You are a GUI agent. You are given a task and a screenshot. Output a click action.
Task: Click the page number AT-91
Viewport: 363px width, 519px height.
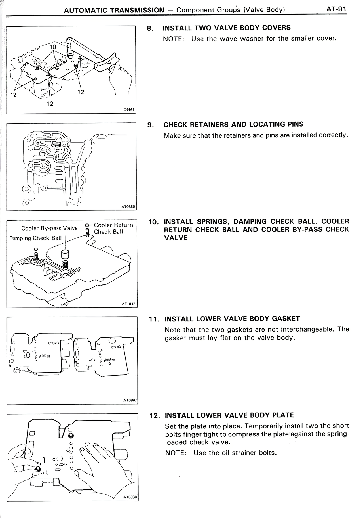[x=336, y=9]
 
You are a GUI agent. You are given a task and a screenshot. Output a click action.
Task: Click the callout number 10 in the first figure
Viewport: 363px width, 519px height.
[x=53, y=47]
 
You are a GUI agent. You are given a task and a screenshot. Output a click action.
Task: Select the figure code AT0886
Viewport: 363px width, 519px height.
[x=128, y=207]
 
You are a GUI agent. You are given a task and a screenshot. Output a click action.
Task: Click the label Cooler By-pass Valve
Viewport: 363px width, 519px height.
[x=49, y=228]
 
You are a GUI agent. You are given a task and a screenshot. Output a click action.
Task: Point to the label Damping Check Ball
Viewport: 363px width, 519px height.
[x=35, y=238]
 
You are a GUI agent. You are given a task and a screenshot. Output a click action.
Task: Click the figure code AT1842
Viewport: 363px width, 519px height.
[x=128, y=304]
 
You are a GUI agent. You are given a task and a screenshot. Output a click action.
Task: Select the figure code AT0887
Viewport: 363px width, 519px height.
[x=130, y=401]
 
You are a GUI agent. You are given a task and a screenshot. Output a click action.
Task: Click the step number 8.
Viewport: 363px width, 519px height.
[x=150, y=28]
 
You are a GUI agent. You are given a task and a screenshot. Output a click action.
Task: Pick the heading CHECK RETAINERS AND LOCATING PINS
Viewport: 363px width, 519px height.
[x=233, y=124]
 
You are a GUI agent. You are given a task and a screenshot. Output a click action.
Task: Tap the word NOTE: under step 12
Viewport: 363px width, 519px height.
[x=176, y=453]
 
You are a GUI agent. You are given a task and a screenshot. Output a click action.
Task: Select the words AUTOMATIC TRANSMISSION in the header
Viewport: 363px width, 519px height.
[x=114, y=10]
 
